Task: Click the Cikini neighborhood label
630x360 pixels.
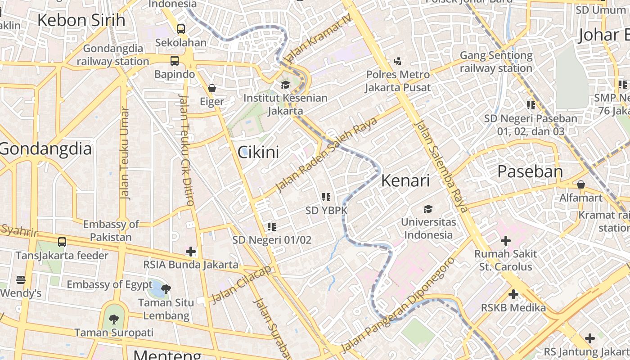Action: coord(258,152)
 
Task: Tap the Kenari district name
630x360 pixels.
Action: coord(405,180)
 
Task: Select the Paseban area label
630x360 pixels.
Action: coord(530,171)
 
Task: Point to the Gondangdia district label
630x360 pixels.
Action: coord(45,148)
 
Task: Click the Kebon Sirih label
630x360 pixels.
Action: coord(81,20)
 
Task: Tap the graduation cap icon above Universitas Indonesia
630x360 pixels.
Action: coord(428,209)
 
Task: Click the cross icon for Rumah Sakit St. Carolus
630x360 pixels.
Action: coord(506,241)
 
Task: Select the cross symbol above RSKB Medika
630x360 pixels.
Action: coord(513,295)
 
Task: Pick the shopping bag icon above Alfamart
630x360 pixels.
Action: coord(581,184)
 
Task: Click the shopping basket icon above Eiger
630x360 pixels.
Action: coord(212,88)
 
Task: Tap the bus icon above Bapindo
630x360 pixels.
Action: coord(174,61)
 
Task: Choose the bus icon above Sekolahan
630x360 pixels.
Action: coord(180,29)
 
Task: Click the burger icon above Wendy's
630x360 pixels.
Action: coord(21,280)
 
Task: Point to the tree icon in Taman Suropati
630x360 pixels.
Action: coord(114,319)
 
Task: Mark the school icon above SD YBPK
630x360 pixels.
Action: coord(326,197)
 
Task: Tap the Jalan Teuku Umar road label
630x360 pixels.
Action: coord(125,153)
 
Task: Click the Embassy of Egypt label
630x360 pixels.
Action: coord(109,284)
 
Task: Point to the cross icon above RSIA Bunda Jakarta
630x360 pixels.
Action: coord(191,251)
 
